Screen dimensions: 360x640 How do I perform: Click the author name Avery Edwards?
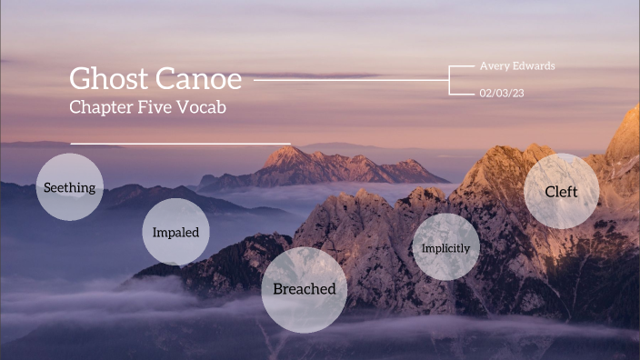[516, 65]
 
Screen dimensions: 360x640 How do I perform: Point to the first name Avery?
[492, 65]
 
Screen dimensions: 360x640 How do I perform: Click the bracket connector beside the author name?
[451, 79]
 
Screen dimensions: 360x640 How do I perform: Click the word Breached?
[305, 289]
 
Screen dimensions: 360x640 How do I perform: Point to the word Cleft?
[561, 192]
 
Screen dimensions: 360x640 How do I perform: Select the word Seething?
[70, 187]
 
